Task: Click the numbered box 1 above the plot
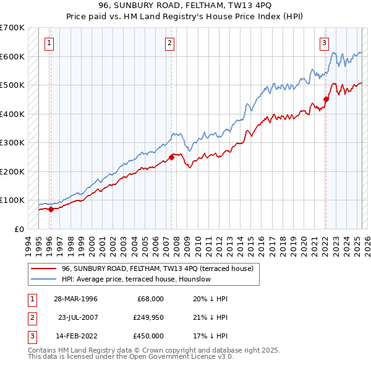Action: [x=49, y=43]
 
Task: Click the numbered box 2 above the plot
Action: [x=169, y=43]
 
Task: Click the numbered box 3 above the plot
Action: [x=324, y=43]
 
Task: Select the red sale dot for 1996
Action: [x=51, y=209]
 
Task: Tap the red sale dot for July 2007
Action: [x=171, y=157]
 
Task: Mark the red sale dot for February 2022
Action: [x=326, y=99]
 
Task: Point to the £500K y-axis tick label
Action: [x=12, y=85]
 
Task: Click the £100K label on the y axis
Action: [x=12, y=200]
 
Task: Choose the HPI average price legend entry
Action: [x=136, y=279]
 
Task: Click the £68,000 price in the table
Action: [x=150, y=298]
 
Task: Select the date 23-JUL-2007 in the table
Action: [x=77, y=317]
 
